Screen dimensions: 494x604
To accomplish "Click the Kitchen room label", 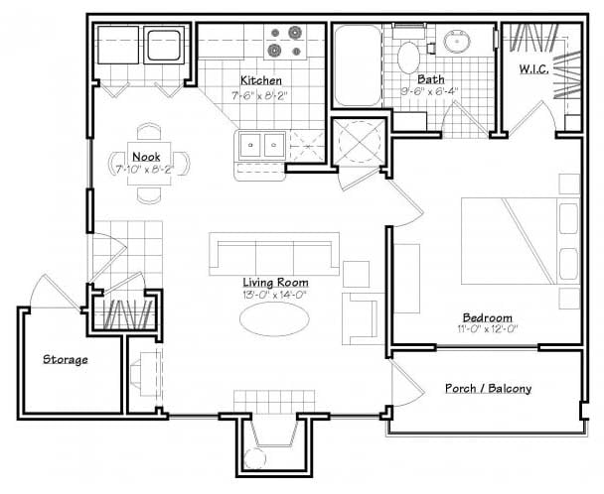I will pyautogui.click(x=261, y=80).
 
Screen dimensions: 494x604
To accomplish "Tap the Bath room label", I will pyautogui.click(x=430, y=79).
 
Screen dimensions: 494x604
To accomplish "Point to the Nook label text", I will pyautogui.click(x=145, y=156).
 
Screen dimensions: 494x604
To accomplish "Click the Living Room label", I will pyautogui.click(x=274, y=281).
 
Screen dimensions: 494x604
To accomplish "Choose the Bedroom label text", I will pyautogui.click(x=487, y=317).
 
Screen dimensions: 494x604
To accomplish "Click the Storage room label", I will pyautogui.click(x=65, y=359).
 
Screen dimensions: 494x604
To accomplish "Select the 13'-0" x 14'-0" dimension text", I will pyautogui.click(x=274, y=294).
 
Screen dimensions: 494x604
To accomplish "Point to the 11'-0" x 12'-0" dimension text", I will pyautogui.click(x=487, y=329).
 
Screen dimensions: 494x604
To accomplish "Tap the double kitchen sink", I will pyautogui.click(x=261, y=145).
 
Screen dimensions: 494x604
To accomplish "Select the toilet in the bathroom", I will pyautogui.click(x=408, y=56).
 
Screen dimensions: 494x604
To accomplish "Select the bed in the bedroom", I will pyautogui.click(x=517, y=239).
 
